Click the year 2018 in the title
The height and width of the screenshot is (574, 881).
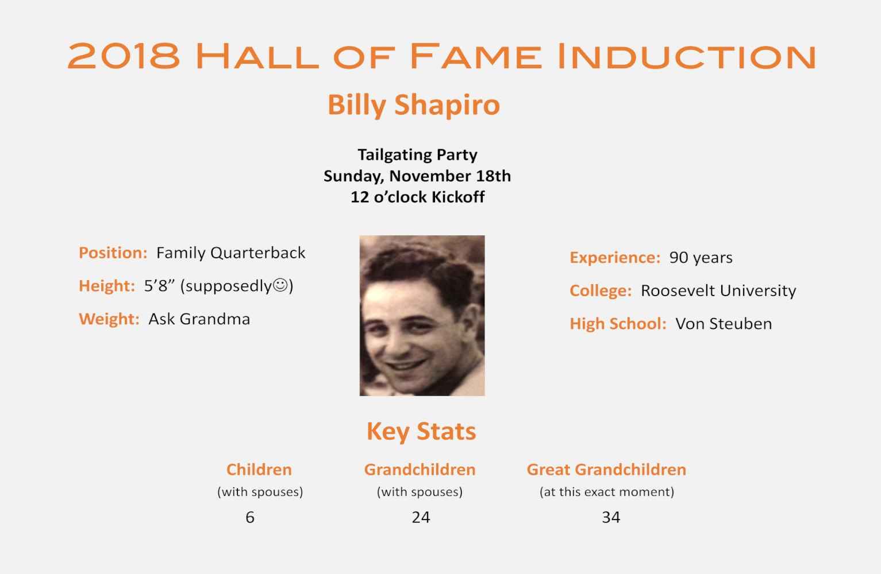pyautogui.click(x=124, y=56)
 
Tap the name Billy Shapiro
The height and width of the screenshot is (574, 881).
pyautogui.click(x=414, y=105)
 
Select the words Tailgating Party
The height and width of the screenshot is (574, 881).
pyautogui.click(x=417, y=155)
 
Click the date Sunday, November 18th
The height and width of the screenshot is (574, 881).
pyautogui.click(x=417, y=176)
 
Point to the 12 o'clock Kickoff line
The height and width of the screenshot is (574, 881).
pyautogui.click(x=417, y=197)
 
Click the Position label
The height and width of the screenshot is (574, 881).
pyautogui.click(x=113, y=253)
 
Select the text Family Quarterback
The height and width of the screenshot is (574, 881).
pyautogui.click(x=230, y=253)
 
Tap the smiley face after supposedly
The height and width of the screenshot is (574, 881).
pyautogui.click(x=280, y=285)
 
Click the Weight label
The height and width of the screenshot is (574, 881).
pyautogui.click(x=109, y=319)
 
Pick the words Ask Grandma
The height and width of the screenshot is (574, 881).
pyautogui.click(x=199, y=319)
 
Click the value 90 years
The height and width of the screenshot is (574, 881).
pyautogui.click(x=701, y=258)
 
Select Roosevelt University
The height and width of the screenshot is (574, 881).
pyautogui.click(x=718, y=291)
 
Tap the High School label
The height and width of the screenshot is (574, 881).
pyautogui.click(x=618, y=324)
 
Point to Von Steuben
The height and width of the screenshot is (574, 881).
pyautogui.click(x=724, y=324)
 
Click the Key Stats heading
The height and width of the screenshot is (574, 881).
pyautogui.click(x=421, y=432)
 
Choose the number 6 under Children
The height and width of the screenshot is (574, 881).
pyautogui.click(x=250, y=517)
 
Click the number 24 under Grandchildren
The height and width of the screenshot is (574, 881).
pyautogui.click(x=421, y=517)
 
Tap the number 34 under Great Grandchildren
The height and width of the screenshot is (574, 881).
pyautogui.click(x=611, y=517)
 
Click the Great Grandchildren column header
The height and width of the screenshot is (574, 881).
pyautogui.click(x=606, y=470)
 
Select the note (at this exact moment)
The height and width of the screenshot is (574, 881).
pyautogui.click(x=606, y=492)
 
